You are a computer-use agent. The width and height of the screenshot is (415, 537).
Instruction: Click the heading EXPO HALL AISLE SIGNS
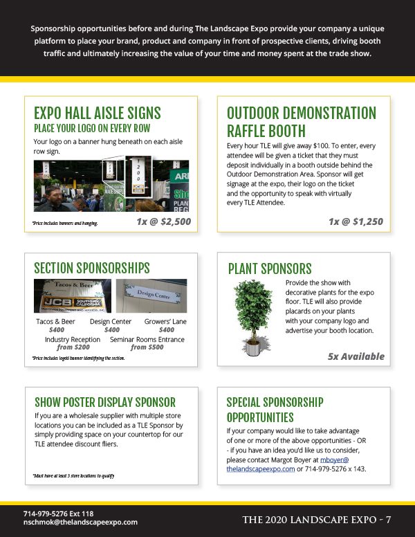[97, 113]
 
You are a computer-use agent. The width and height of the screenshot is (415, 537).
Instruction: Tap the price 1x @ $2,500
[163, 222]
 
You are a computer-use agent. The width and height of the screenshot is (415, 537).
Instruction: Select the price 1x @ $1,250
[355, 222]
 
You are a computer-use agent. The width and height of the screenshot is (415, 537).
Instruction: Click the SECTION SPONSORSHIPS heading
[91, 268]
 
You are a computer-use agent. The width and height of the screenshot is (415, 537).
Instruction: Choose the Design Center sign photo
[151, 295]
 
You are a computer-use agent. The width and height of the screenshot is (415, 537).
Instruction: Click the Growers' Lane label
[165, 322]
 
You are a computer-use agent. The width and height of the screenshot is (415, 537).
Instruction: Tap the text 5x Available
[356, 357]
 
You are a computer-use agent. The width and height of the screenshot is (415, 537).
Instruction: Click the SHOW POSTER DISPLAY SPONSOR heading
[104, 402]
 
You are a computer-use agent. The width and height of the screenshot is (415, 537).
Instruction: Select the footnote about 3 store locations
[73, 475]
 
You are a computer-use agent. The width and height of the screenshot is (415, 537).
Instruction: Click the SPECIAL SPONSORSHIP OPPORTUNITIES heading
[275, 410]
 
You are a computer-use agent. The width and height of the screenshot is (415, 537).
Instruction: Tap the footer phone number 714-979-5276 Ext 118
[58, 513]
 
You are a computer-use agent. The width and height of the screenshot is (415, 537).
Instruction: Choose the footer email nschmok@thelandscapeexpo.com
[80, 522]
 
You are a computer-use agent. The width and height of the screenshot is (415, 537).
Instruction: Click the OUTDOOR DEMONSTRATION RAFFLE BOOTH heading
[301, 122]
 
